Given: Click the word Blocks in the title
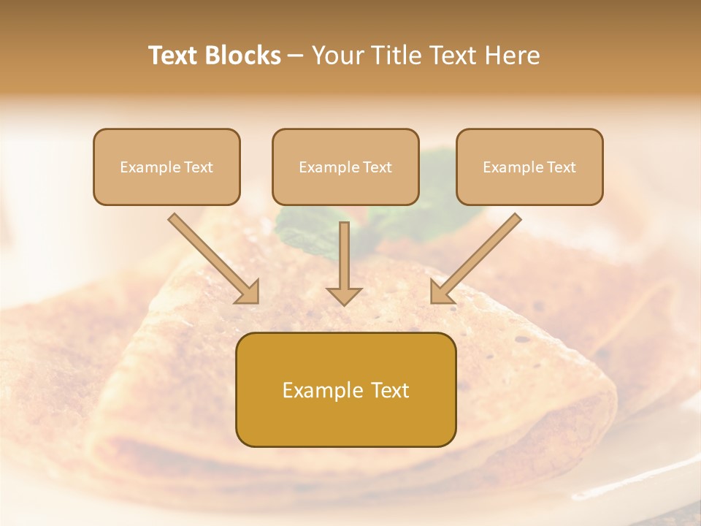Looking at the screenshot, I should [x=245, y=56].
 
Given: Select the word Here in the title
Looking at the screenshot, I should [x=512, y=56].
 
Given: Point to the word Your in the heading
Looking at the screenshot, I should [x=334, y=56].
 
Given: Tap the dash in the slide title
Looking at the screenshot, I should [x=296, y=56].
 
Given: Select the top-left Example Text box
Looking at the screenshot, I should [x=166, y=167].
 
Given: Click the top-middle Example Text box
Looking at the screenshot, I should [x=345, y=167].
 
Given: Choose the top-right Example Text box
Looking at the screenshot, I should [x=529, y=167].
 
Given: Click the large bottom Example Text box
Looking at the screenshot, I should [x=345, y=389].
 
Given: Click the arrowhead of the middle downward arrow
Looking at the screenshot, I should [x=344, y=295].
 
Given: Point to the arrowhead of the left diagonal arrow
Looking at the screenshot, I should [x=248, y=292].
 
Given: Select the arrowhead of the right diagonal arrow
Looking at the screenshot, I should [x=441, y=292].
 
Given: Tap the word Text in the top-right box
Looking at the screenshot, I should [x=561, y=167].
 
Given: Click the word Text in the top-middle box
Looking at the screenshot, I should [x=377, y=167].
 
